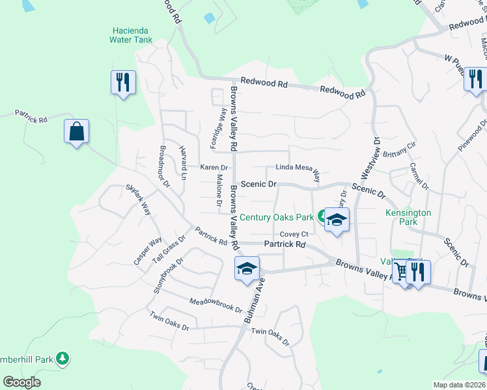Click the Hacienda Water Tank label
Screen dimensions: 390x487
(132, 35)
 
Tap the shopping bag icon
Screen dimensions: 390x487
(77, 132)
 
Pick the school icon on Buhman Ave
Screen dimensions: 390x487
(247, 268)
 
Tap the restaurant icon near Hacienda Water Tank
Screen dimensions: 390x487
(123, 83)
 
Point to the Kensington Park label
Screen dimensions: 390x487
(408, 217)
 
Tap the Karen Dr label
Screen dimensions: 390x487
(213, 168)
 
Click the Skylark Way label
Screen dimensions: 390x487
(139, 200)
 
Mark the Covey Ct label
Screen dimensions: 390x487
(293, 235)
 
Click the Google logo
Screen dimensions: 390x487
(22, 382)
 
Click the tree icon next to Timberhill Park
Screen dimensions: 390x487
(63, 358)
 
